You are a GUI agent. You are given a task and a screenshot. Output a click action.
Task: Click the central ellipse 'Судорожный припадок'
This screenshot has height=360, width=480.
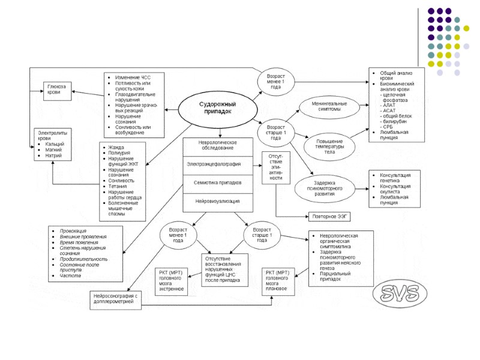pos(217,108)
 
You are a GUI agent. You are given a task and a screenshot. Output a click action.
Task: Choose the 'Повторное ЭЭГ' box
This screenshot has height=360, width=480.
pos(328,216)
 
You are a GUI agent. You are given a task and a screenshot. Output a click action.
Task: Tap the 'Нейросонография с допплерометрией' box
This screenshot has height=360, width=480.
pos(117,299)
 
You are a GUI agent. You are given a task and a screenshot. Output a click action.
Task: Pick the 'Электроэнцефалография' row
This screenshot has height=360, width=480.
pos(217,163)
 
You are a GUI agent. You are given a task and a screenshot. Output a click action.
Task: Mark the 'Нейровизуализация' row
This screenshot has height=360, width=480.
pos(217,202)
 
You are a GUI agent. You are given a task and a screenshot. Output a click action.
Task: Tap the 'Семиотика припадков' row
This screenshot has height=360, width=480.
pos(217,182)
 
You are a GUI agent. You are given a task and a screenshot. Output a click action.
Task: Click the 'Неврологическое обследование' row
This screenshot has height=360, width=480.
pos(217,145)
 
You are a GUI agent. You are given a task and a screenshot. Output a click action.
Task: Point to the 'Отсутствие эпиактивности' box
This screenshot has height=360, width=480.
pos(275,169)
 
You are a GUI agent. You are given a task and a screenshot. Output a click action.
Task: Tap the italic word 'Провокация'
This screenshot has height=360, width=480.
pos(73,231)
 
